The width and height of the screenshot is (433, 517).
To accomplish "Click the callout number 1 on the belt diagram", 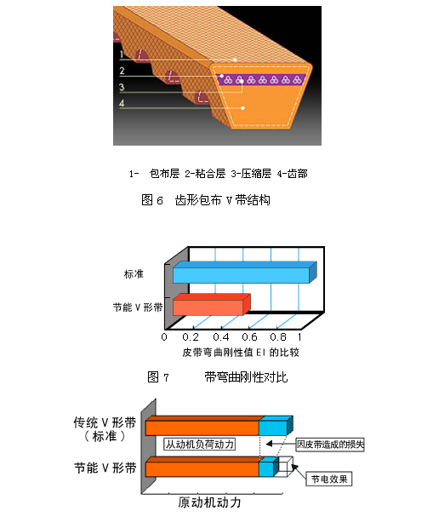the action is pos(122,54).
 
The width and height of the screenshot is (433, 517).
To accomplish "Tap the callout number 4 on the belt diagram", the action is pos(122,103).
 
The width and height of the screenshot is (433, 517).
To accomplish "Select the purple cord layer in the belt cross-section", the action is pos(261,79).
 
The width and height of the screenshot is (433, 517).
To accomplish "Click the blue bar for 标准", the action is pos(245,273).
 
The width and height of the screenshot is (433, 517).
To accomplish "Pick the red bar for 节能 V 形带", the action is pos(212,305).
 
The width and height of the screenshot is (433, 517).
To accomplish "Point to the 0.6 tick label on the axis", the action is pos(249,337).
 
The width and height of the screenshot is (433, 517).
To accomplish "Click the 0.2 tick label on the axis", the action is pos(191,337).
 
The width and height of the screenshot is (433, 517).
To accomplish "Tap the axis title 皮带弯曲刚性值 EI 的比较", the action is pos(241,353).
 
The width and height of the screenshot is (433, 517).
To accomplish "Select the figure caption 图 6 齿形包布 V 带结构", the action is pos(206,200).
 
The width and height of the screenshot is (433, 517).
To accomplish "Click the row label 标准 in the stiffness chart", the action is pos(134,274).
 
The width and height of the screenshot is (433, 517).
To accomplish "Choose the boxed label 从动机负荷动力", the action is pos(200,444).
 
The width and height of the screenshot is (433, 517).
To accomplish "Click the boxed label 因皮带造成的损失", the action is pos(330,445).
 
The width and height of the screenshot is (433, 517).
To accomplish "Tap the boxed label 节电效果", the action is pos(329,479).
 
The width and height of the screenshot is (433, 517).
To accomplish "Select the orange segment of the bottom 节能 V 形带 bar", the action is pos(202,467).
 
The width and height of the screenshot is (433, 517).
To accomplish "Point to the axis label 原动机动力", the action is pos(209,503).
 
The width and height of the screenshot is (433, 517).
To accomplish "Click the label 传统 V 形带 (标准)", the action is pos(105,429).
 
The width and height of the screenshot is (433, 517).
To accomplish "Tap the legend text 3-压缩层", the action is pos(251,174).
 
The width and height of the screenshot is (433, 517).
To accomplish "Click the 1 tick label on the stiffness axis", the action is pos(299,337).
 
